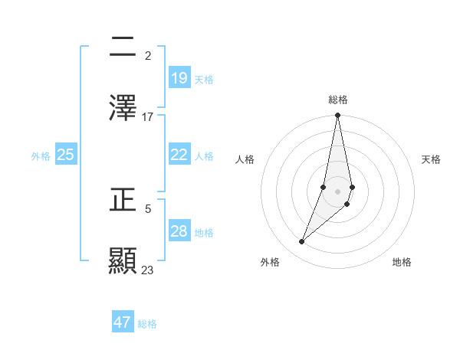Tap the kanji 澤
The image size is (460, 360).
tap(123, 108)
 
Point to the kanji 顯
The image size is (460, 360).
tap(123, 260)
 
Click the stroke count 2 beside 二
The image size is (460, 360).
tap(148, 55)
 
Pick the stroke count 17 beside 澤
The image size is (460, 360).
tap(148, 116)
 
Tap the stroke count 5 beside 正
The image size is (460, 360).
tap(148, 208)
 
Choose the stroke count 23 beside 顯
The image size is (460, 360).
tap(148, 270)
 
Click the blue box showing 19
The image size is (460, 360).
tap(179, 78)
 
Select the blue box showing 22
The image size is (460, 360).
tap(179, 154)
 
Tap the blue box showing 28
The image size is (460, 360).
tap(179, 231)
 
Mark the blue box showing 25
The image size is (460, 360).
tap(66, 154)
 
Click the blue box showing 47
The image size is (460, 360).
tap(123, 322)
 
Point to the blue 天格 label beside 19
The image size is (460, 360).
tap(204, 79)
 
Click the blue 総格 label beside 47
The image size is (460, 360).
tap(147, 324)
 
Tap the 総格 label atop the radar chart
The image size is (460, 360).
tap(338, 100)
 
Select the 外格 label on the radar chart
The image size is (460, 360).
tap(270, 262)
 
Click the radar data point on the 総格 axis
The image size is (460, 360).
tap(337, 116)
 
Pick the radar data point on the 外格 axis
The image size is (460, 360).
tap(301, 242)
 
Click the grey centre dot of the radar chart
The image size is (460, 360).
tap(337, 191)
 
